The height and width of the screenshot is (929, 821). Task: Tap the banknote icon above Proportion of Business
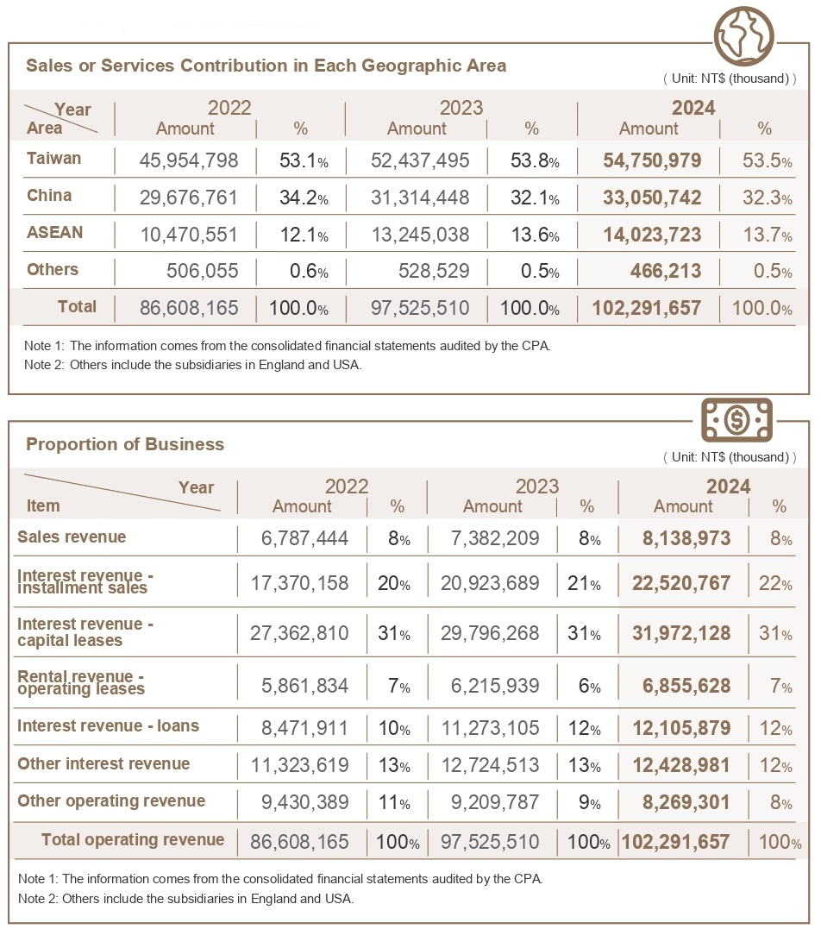tap(736, 420)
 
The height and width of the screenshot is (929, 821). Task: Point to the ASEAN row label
tap(54, 232)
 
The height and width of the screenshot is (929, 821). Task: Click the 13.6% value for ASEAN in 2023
tap(535, 235)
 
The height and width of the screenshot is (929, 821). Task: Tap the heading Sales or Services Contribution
tap(266, 66)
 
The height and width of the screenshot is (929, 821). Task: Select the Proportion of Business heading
tap(125, 444)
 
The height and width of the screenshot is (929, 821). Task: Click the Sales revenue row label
tap(72, 537)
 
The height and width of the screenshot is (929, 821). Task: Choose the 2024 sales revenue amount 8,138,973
tap(686, 539)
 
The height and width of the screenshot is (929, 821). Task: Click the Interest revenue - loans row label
tap(108, 725)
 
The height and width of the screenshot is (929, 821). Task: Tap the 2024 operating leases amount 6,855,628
tap(686, 686)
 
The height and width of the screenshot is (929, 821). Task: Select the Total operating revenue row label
tap(133, 839)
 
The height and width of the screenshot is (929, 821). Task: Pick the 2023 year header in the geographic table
tap(461, 108)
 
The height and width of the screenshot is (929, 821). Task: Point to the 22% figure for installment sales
tap(774, 584)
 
